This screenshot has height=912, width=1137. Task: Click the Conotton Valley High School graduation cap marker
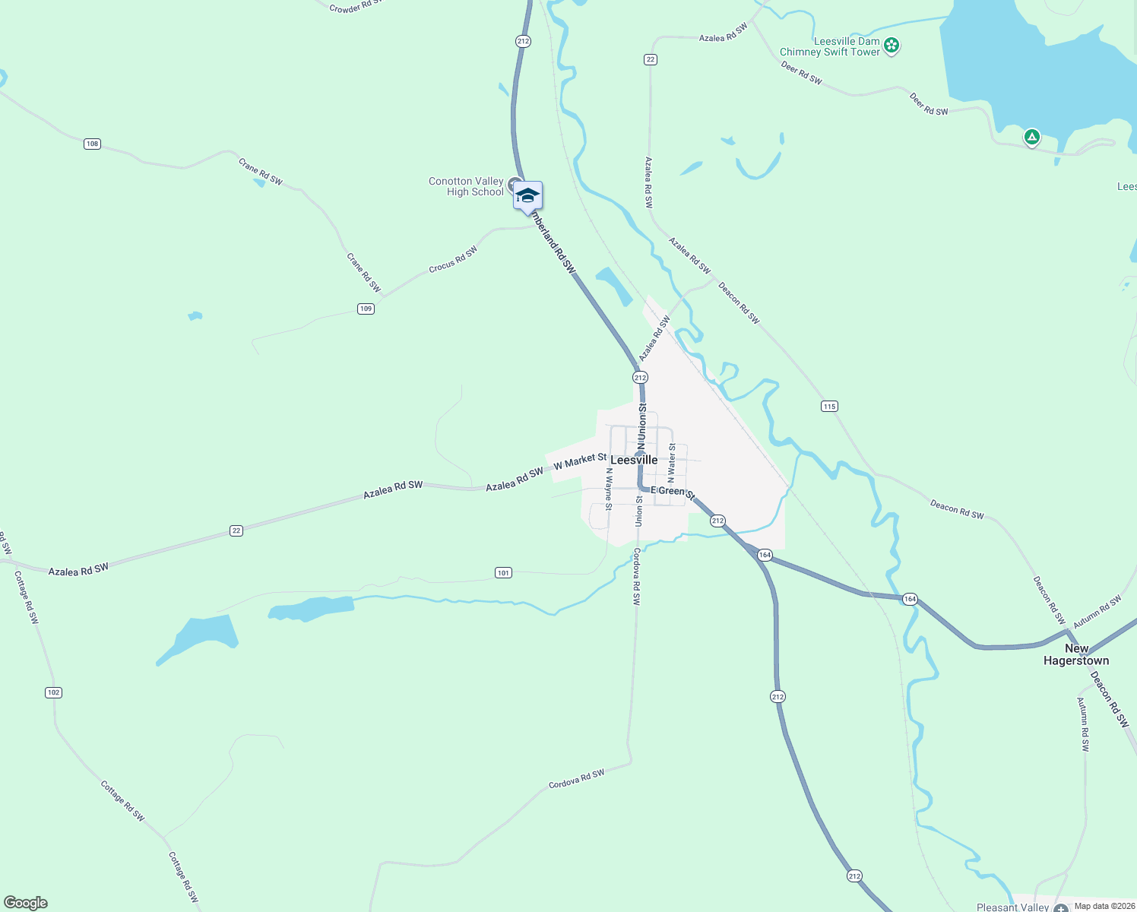[527, 196]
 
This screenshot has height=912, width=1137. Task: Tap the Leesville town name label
[634, 460]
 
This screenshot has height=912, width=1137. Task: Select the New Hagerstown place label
[1076, 654]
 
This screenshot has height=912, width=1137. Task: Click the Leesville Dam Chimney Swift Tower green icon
[892, 46]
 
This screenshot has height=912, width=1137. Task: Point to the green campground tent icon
[1031, 137]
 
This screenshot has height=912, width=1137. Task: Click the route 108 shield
[92, 144]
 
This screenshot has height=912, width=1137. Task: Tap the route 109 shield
[366, 309]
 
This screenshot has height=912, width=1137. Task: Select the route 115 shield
[829, 407]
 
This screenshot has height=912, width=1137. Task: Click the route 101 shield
[503, 572]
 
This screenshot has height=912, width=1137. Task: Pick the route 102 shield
[53, 692]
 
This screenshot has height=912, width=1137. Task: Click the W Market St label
[580, 461]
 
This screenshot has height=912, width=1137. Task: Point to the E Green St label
[673, 492]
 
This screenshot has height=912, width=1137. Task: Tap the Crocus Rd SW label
[453, 259]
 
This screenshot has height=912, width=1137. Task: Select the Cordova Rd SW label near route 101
[637, 577]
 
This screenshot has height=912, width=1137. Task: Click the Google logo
[26, 903]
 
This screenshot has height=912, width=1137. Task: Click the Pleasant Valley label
[1012, 907]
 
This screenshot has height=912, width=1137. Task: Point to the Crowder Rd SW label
[355, 7]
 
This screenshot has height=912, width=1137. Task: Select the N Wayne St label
[609, 488]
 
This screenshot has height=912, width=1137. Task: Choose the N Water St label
[671, 464]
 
